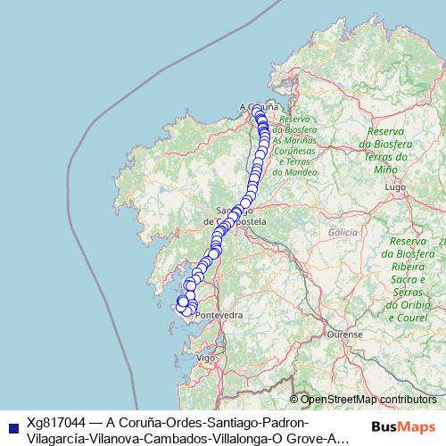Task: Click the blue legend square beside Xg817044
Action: pos(10,423)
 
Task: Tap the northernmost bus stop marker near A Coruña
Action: pos(256,111)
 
